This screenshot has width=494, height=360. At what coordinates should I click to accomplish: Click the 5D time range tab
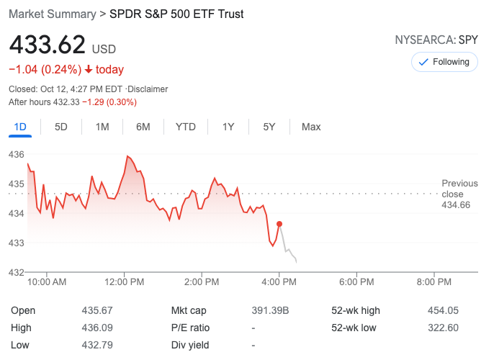point(61,127)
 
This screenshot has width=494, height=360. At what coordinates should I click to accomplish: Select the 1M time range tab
point(102,127)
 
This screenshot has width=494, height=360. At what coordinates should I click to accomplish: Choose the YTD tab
point(186,127)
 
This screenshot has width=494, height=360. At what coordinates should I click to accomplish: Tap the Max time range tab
point(311,127)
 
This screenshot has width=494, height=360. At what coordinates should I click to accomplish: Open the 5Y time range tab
point(269,127)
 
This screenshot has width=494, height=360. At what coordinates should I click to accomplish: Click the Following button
point(444,62)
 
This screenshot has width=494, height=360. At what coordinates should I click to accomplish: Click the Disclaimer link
point(148,89)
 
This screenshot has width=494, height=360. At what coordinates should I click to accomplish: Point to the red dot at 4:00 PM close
point(279,224)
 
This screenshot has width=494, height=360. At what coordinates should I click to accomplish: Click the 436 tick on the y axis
point(17,155)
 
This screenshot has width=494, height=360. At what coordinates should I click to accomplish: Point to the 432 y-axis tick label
point(17,272)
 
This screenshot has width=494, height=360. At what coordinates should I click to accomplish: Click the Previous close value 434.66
point(456,205)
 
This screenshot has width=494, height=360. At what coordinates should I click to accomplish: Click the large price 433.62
point(47,45)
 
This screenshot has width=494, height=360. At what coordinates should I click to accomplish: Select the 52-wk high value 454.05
point(443,310)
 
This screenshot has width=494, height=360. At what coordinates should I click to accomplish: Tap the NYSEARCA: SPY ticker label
point(436,40)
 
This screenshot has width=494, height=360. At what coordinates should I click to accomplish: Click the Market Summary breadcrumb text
point(52,14)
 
